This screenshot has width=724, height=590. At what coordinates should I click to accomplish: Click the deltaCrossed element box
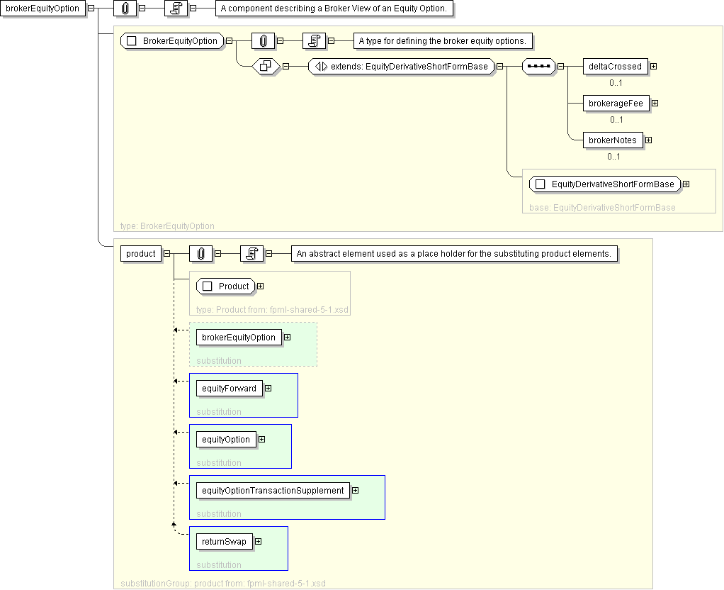[x=615, y=67]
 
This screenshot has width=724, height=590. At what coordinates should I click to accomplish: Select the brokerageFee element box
[x=616, y=104]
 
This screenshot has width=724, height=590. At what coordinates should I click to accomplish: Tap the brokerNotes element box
[x=613, y=140]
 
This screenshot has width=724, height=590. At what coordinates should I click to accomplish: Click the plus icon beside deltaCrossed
[x=654, y=67]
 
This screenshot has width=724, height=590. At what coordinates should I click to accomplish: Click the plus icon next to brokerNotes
[x=649, y=140]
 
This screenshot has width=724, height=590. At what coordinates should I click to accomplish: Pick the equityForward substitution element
[x=229, y=389]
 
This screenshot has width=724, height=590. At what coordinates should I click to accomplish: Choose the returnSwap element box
[x=224, y=542]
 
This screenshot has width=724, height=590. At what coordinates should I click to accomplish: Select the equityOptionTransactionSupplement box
[x=273, y=491]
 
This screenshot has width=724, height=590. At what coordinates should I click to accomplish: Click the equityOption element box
[x=226, y=439]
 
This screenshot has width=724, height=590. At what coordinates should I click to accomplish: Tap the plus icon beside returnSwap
[x=259, y=542]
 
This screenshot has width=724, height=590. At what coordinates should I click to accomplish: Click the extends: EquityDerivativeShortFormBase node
[x=401, y=67]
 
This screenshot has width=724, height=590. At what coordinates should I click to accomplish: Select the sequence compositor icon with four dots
[x=538, y=67]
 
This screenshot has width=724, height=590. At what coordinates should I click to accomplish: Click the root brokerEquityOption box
[x=43, y=9]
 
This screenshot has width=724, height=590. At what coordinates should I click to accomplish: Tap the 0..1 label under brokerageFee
[x=616, y=120]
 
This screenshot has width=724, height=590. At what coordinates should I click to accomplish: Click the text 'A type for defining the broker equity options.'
[x=443, y=41]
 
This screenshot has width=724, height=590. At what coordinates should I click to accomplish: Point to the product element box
[x=141, y=254]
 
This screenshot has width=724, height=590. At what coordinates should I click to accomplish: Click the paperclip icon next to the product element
[x=201, y=254]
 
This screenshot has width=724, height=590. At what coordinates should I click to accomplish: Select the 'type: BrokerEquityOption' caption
[x=167, y=226]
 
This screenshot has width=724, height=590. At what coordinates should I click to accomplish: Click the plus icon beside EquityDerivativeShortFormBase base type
[x=686, y=184]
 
